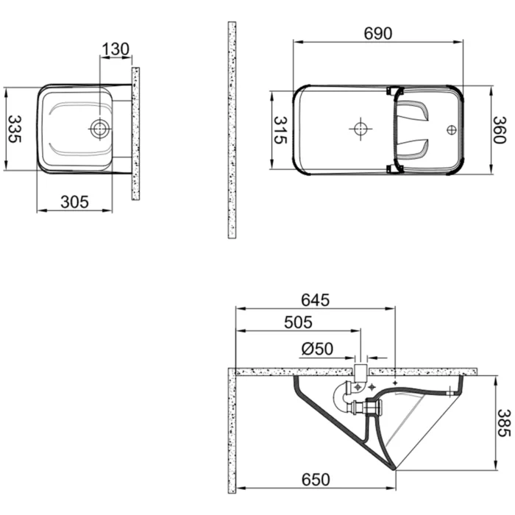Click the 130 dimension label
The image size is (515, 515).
pos(116,49)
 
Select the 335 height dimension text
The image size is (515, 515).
pos(14,129)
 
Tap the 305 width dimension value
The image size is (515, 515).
pos(74,201)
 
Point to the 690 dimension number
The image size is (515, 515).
pos(379,33)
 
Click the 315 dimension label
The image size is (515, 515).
pos(280,130)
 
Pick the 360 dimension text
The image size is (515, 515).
pos(500,130)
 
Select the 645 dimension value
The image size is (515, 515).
pos(314,300)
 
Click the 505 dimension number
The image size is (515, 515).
pos(297,322)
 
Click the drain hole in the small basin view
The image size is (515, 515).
pos(99,129)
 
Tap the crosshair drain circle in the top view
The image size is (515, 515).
pos(360,129)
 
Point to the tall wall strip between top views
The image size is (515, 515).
pos(232,129)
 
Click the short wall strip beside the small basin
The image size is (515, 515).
pos(135,132)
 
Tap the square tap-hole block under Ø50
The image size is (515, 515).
pos(360,369)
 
